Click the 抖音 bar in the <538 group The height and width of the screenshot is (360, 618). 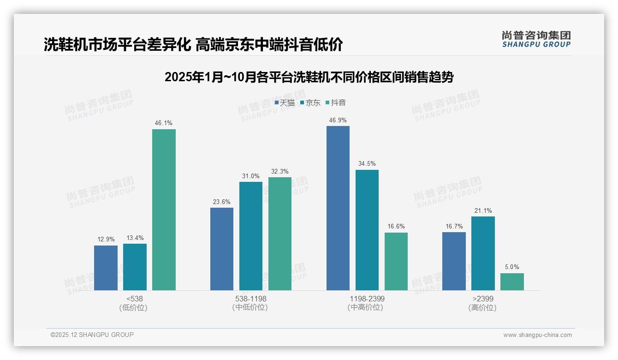pos(164,210)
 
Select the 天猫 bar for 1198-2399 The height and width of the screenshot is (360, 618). pos(338,208)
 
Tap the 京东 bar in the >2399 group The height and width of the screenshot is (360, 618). pos(483,253)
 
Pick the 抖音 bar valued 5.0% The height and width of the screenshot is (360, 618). pos(512,282)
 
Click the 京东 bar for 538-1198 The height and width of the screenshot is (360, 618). pos(250,236)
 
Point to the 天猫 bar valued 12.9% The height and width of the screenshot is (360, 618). pos(106,268)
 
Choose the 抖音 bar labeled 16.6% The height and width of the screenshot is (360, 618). pos(396,261)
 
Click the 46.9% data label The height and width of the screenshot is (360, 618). pos(338,120)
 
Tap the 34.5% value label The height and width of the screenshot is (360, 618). pos(367,164)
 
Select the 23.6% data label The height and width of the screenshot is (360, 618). pos(222,202)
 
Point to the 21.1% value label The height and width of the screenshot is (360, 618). pos(483,211)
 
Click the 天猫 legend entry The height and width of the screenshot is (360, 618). pos(285,103)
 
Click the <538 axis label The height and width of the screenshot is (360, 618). pos(134,299)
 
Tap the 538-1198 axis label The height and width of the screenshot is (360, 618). pos(250,299)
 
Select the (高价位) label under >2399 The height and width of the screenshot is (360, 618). pos(483,307)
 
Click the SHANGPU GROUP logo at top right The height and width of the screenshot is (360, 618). pos(536,39)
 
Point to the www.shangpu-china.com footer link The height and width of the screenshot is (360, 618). pos(537,335)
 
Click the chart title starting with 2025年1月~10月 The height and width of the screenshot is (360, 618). pos(309,77)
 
